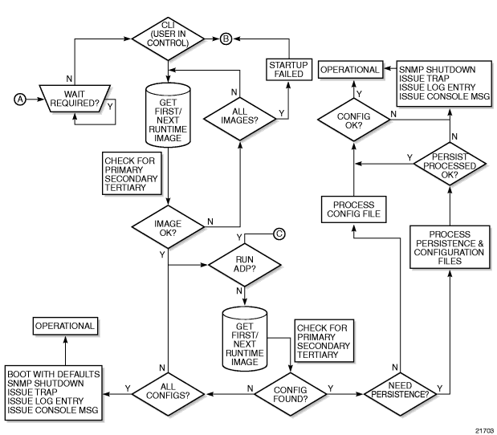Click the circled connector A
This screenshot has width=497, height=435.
[x=20, y=100]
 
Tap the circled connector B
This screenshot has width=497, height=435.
[x=226, y=39]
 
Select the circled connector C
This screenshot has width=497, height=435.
[x=279, y=234]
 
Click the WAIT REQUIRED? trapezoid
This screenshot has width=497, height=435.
[x=75, y=99]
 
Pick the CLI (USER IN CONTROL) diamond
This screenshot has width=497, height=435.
[x=168, y=39]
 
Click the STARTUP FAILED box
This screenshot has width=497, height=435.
[x=289, y=69]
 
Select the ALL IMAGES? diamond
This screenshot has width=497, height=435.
[x=239, y=119]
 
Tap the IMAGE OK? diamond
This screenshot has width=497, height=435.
[x=168, y=227]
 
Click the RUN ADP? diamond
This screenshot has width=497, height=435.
[x=244, y=265]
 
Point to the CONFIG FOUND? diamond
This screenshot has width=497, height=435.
[x=291, y=394]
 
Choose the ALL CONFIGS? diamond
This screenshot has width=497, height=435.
[x=168, y=394]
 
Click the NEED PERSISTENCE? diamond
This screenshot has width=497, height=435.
[x=400, y=394]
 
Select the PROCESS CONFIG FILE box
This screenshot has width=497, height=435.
[x=354, y=209]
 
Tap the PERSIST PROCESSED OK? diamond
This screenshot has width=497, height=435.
[x=450, y=164]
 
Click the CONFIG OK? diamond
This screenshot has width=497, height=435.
[x=354, y=120]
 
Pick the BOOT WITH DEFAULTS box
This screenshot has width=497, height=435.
[x=53, y=392]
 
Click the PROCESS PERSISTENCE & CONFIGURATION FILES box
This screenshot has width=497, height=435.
[x=450, y=247]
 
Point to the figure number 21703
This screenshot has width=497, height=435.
[x=484, y=430]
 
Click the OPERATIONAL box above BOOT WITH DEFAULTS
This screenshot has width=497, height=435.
[x=65, y=326]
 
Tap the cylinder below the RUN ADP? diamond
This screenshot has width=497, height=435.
[x=245, y=339]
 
